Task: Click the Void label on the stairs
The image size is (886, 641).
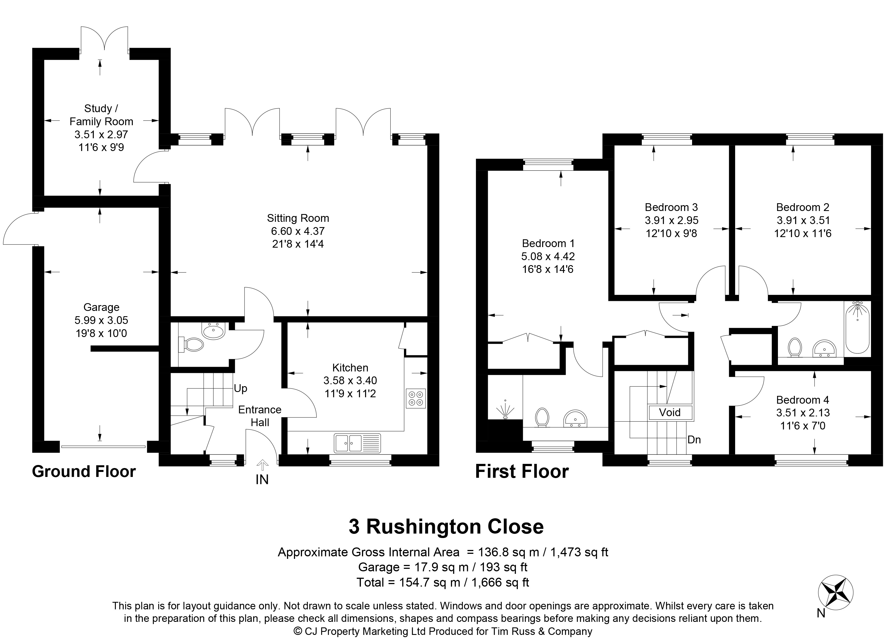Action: click(670, 412)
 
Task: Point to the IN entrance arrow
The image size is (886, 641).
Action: click(262, 464)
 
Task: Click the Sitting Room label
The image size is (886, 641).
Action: click(298, 218)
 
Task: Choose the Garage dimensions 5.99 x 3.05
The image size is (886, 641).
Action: click(101, 320)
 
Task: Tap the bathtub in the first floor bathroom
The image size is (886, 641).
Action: click(857, 333)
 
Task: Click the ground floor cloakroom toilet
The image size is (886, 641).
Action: click(191, 344)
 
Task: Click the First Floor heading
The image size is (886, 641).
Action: click(522, 472)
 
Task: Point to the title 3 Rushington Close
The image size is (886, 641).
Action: click(446, 527)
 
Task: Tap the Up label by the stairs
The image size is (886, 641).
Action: click(241, 388)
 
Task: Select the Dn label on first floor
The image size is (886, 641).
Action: click(694, 440)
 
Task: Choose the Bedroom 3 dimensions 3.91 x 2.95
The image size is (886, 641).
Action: click(672, 220)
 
